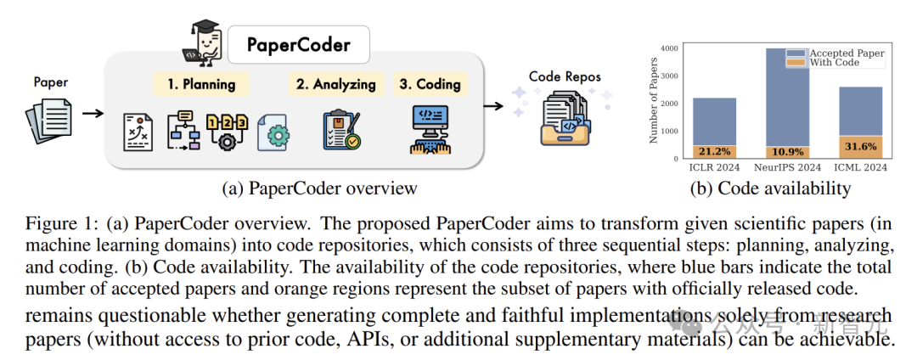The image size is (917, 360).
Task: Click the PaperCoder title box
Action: (x=298, y=44)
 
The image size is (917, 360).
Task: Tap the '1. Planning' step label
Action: (x=201, y=84)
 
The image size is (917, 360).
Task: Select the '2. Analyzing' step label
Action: (x=335, y=84)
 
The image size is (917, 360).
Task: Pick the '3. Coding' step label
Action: (x=430, y=84)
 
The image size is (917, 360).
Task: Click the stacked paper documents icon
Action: (x=48, y=121)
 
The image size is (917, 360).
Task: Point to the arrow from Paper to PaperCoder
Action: (x=93, y=112)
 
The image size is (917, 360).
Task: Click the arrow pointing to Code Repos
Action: (x=493, y=106)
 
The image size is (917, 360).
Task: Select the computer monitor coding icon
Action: (x=430, y=130)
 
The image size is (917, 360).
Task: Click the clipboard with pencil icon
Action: (x=342, y=131)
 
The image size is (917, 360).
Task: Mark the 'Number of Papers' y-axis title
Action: (x=653, y=101)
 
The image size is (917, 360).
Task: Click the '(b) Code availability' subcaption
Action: (x=770, y=188)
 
